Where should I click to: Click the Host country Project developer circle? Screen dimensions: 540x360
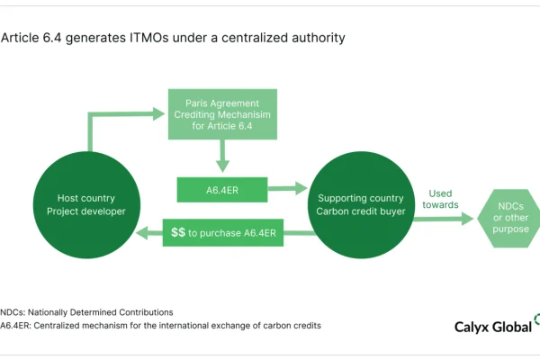[86, 205]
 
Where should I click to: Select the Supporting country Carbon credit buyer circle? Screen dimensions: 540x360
[361, 205]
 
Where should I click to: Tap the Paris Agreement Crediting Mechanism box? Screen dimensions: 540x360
[222, 114]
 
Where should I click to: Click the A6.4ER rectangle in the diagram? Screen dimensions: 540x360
[222, 190]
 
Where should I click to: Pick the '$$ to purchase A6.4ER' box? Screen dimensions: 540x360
[223, 233]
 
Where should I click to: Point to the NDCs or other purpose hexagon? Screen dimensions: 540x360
[510, 218]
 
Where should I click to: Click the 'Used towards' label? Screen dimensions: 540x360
[440, 199]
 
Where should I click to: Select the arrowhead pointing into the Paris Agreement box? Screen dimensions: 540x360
[158, 113]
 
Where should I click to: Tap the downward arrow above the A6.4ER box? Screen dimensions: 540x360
[222, 156]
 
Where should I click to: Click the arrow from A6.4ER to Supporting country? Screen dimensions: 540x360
[288, 188]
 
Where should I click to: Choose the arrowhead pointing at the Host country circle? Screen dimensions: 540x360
[142, 233]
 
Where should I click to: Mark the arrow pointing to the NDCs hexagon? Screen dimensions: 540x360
[445, 219]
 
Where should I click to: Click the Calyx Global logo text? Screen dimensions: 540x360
[493, 327]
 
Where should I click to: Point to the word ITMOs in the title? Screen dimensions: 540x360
[149, 38]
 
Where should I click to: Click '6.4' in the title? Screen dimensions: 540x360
[52, 38]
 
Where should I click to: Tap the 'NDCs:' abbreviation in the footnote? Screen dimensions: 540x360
[13, 312]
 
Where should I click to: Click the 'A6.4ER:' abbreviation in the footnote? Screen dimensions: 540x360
[15, 326]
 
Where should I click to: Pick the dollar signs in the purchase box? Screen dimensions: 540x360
[178, 232]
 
